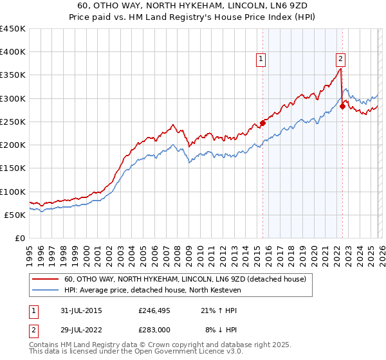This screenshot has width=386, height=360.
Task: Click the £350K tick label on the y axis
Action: click(x=13, y=75)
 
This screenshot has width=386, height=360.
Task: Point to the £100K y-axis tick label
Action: click(x=13, y=192)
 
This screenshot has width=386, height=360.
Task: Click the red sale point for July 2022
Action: click(x=342, y=107)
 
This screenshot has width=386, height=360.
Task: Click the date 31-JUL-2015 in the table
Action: click(x=80, y=310)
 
